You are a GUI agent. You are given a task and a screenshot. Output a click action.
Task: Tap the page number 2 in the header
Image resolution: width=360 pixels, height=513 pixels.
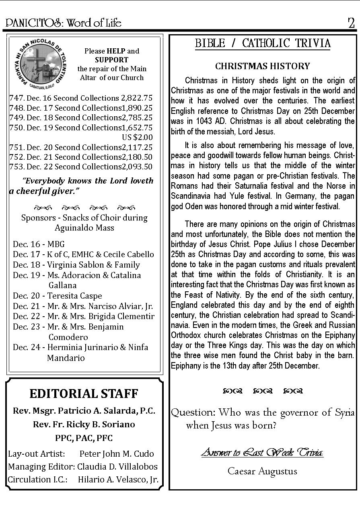tap(351, 23)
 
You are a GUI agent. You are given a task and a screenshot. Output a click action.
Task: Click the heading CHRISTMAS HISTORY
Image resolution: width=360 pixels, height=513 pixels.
tap(263, 66)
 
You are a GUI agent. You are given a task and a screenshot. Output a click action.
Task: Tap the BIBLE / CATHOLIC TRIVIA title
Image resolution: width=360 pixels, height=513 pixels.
tap(263, 43)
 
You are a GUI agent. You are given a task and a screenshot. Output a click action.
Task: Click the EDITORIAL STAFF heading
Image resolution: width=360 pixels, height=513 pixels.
tap(84, 393)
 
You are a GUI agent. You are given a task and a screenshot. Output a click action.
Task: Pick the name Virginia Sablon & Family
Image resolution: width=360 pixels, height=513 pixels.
tap(93, 265)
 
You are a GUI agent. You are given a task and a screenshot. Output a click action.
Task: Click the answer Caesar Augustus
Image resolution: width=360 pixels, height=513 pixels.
tap(262, 471)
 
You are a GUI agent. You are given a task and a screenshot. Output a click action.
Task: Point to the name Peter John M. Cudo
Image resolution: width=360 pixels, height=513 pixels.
tap(117, 453)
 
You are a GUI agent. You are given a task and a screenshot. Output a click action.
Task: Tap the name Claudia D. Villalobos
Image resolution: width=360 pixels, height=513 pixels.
tap(117, 467)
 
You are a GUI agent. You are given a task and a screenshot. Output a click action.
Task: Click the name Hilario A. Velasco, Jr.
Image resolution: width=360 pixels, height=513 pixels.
tap(118, 480)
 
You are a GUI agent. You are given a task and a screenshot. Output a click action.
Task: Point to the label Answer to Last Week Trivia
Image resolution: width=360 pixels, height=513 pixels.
tap(262, 452)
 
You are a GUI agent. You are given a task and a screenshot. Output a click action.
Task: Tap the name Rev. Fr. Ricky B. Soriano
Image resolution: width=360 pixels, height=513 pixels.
tap(84, 424)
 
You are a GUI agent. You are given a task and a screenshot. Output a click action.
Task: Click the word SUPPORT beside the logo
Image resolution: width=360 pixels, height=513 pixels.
tap(111, 60)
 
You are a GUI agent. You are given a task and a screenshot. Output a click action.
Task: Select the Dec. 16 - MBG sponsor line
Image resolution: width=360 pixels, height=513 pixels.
tap(39, 244)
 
